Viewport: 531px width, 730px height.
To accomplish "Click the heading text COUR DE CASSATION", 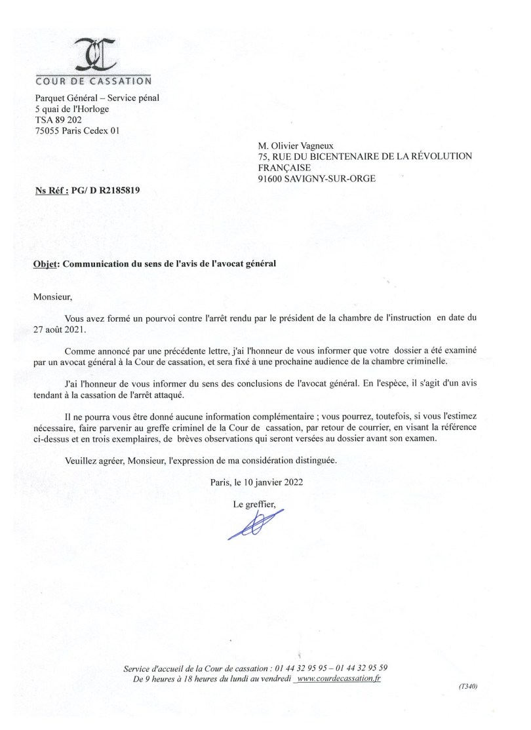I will [93, 81].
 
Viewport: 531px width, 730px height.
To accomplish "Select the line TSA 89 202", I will [58, 119].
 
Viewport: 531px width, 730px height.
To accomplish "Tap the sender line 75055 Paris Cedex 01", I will [77, 130].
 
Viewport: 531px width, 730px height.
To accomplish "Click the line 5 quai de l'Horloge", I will [72, 109].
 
